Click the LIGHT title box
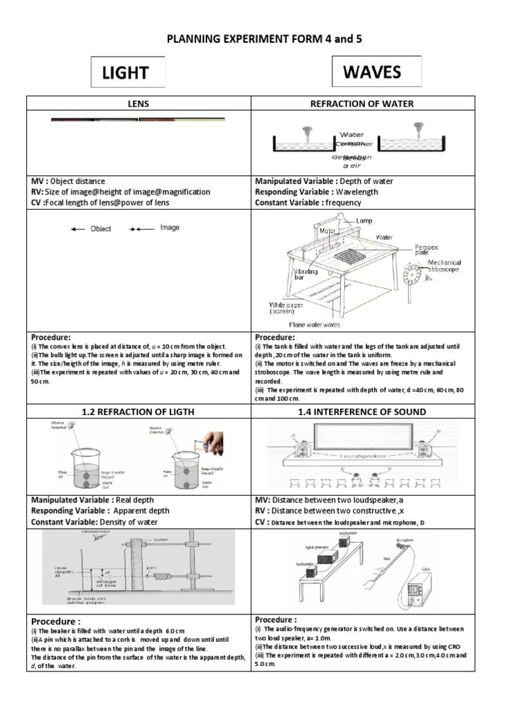(x=128, y=72)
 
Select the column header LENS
(x=138, y=104)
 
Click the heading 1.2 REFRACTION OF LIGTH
(x=138, y=412)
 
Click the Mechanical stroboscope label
(x=444, y=266)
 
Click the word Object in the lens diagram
(x=101, y=229)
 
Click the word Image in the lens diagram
(x=170, y=228)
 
